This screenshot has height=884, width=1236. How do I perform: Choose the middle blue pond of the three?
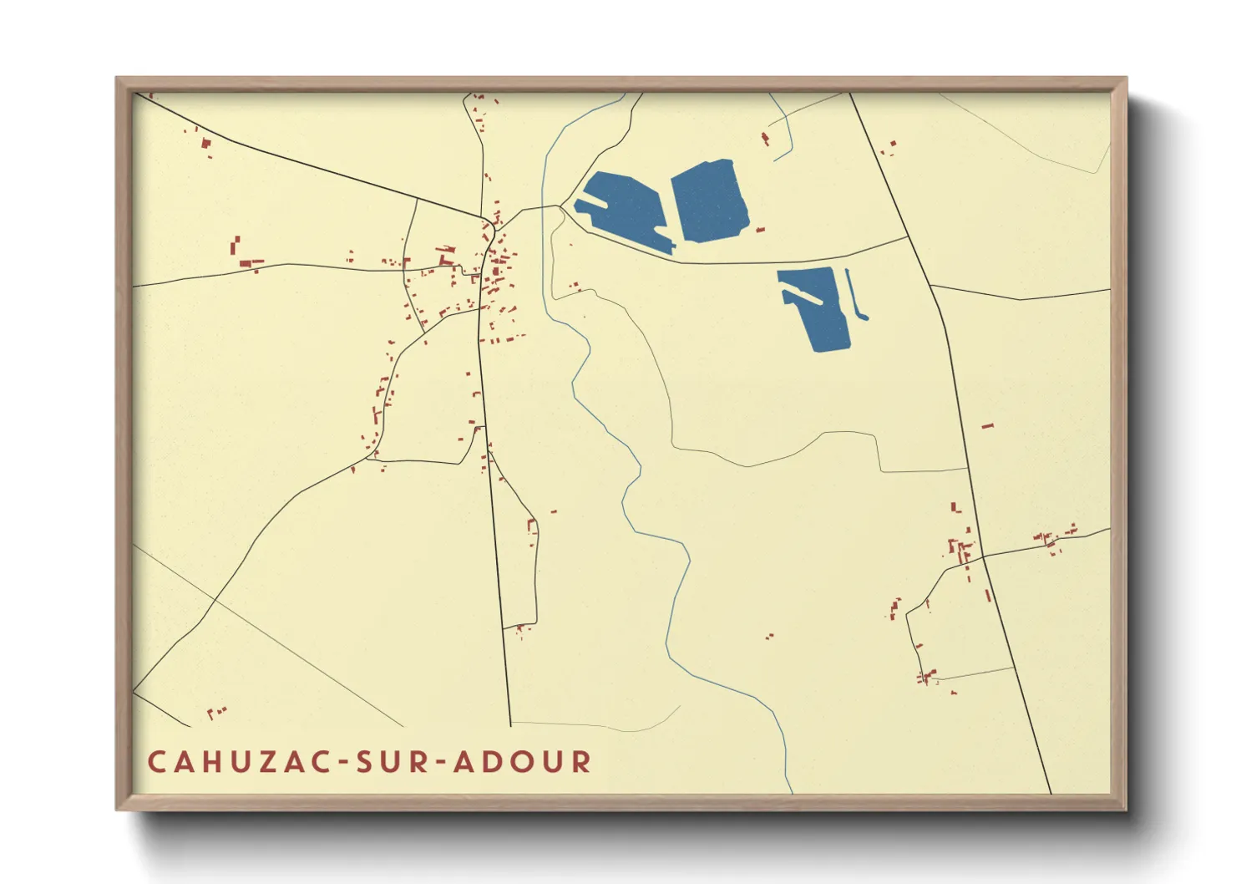708,201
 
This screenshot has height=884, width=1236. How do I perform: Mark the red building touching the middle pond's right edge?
760,229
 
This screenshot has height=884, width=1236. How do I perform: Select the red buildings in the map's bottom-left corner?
216,713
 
